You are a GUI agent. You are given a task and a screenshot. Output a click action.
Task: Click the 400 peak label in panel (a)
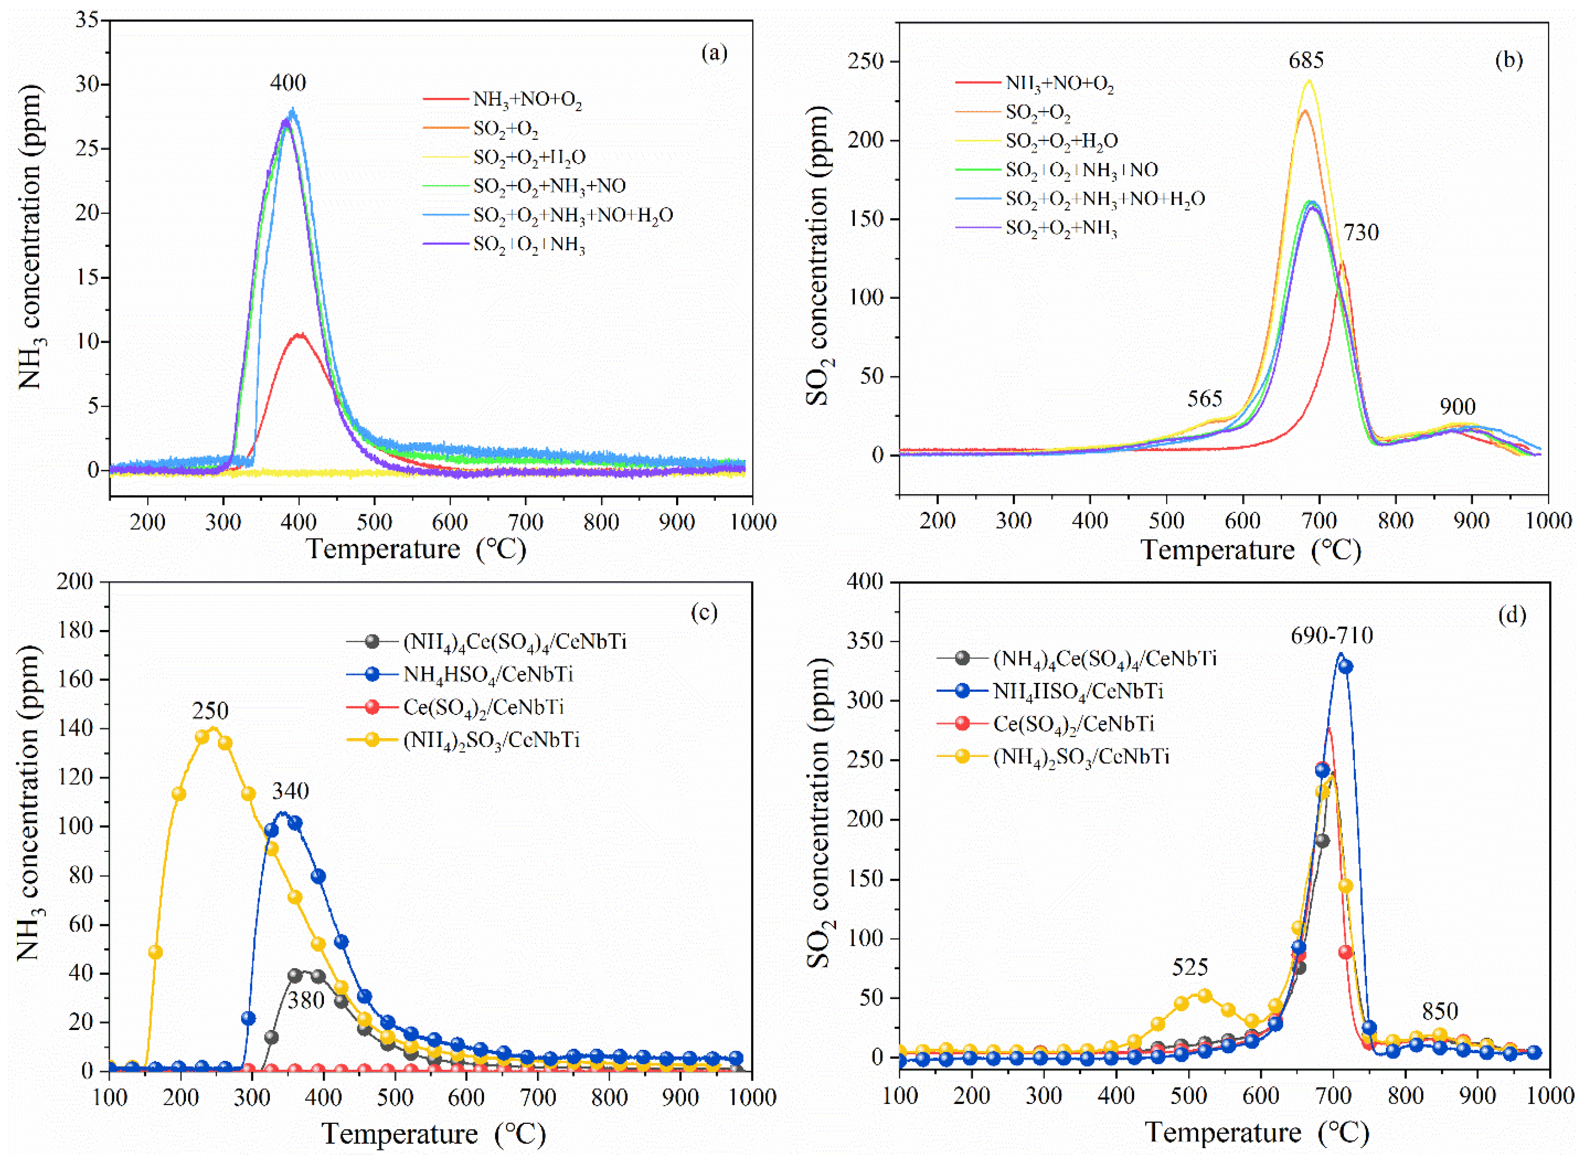click(288, 83)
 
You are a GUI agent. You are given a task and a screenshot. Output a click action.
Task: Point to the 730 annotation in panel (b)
click(1360, 233)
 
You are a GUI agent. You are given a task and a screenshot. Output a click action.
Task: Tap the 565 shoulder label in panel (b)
click(1205, 399)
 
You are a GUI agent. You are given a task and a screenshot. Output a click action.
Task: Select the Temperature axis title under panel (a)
click(416, 549)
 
